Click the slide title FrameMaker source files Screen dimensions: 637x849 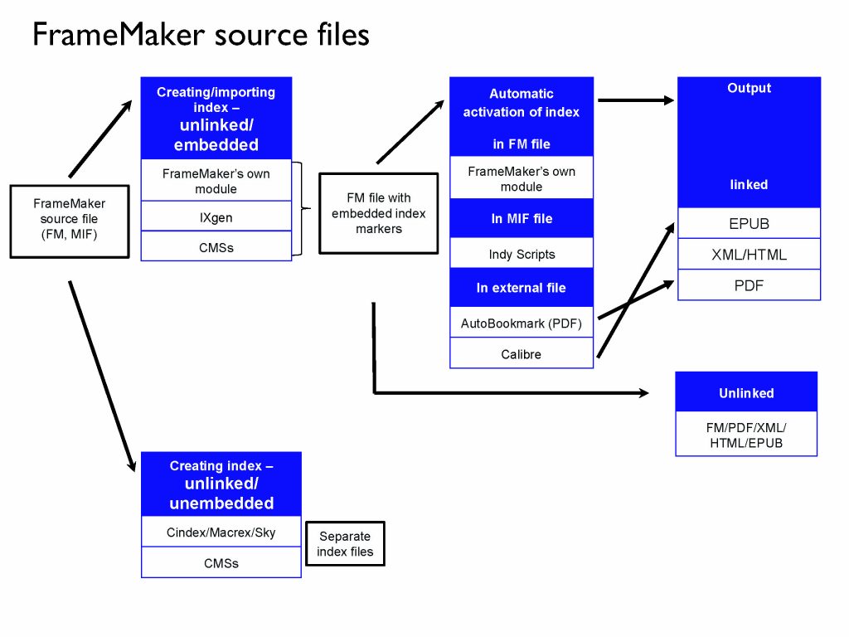tap(200, 35)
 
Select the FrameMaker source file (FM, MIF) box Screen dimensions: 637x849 tap(70, 219)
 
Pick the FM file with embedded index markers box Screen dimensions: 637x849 tap(378, 213)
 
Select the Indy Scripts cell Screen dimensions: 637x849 tap(522, 254)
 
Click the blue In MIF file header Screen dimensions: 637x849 tap(522, 219)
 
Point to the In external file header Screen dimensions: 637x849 tap(522, 288)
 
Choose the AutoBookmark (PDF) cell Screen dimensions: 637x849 tap(522, 323)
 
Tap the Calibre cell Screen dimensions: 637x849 tap(522, 354)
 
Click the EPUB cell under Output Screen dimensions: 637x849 tap(749, 224)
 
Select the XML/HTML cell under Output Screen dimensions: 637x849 tap(749, 255)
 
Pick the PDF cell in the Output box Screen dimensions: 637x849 tap(749, 285)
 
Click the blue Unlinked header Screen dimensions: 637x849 tap(746, 393)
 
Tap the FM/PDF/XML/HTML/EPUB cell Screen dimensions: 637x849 tap(746, 435)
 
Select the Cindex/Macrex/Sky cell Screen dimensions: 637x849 tap(221, 532)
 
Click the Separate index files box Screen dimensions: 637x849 tap(346, 544)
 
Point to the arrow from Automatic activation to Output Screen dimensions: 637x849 tap(635, 100)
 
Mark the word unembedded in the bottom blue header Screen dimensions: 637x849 tap(221, 503)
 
